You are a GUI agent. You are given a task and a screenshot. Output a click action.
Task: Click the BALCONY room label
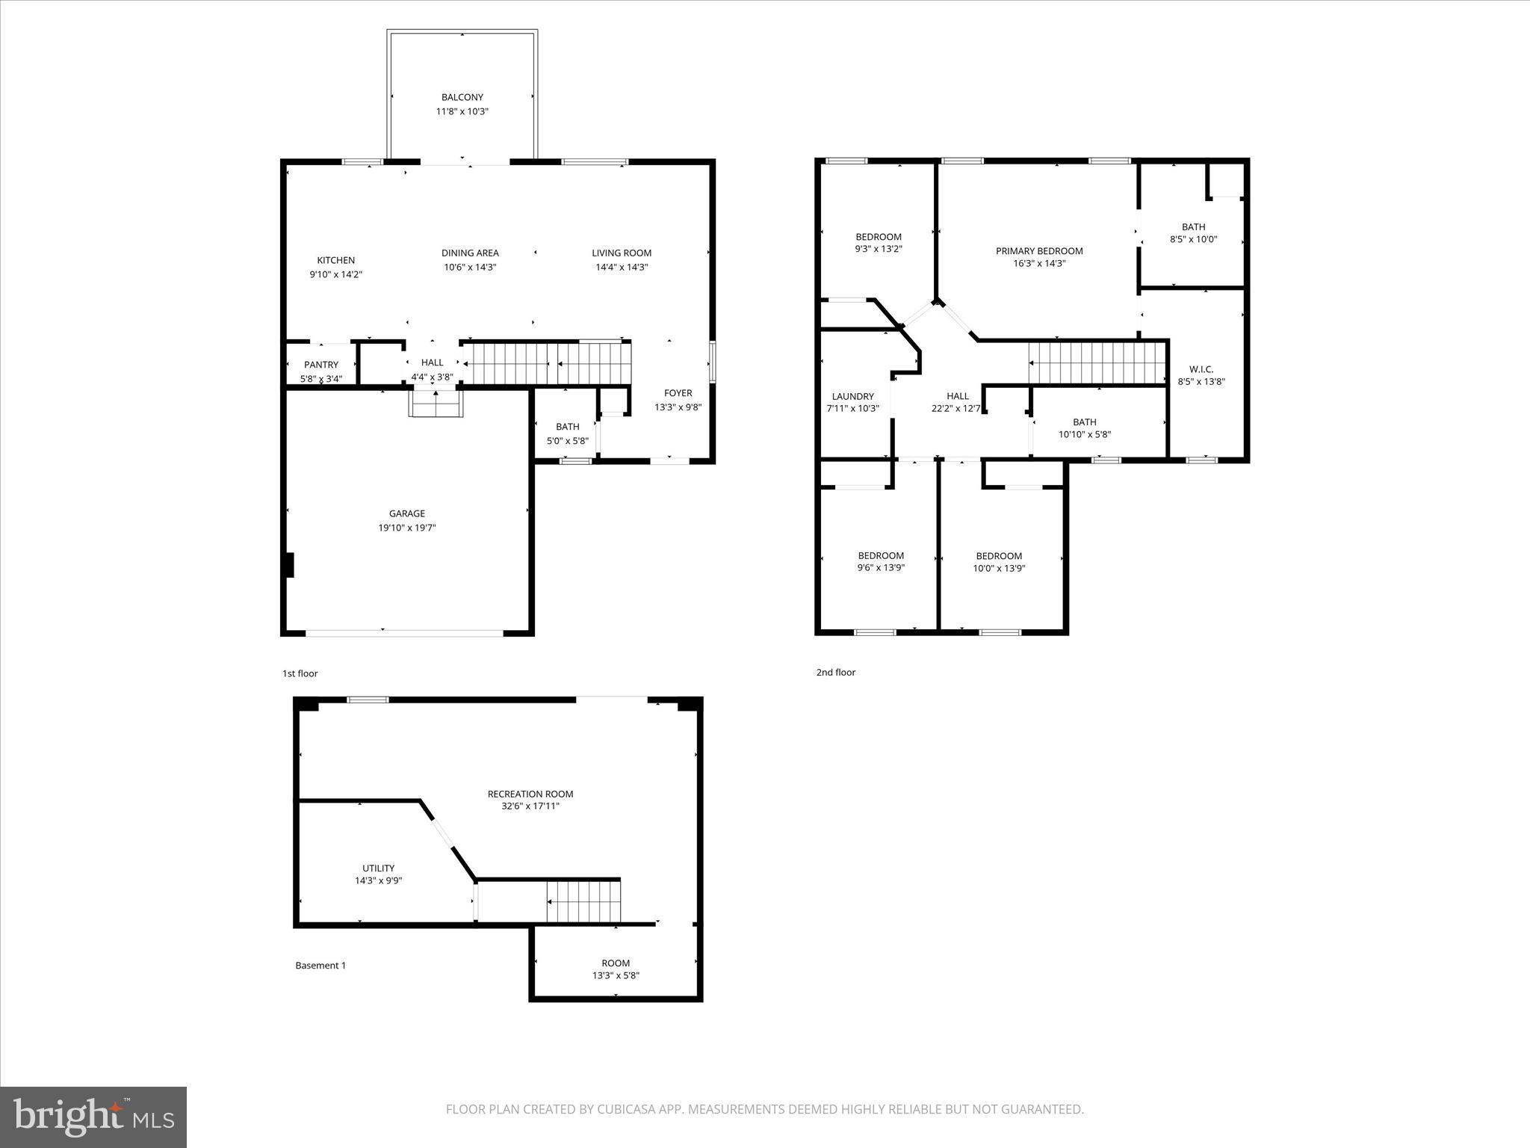click(x=462, y=97)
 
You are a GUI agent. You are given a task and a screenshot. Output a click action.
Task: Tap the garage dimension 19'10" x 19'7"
click(x=406, y=528)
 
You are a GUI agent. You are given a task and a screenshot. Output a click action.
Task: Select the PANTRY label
click(x=320, y=365)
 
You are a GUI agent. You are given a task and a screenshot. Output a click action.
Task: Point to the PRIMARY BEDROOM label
click(x=1038, y=251)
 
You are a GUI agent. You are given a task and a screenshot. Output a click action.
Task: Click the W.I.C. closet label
click(x=1201, y=369)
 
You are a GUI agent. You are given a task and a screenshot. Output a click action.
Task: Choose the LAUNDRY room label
click(x=852, y=397)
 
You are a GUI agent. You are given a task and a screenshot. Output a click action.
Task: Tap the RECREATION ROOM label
click(x=530, y=794)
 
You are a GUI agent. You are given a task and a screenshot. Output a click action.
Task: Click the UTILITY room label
click(x=378, y=868)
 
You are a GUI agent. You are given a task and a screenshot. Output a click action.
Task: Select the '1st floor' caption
click(x=300, y=673)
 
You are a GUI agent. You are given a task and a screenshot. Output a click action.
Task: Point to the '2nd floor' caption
click(x=835, y=672)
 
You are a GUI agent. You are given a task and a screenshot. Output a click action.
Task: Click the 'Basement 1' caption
click(x=320, y=965)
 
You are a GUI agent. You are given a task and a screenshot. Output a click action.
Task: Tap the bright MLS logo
click(x=93, y=1117)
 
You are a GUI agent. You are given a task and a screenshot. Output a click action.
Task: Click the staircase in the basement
click(x=583, y=901)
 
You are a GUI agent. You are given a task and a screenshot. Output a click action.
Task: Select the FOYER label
click(x=678, y=393)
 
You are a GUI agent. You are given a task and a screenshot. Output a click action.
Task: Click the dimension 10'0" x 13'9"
click(x=998, y=568)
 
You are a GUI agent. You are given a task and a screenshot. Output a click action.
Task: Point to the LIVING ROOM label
click(x=622, y=253)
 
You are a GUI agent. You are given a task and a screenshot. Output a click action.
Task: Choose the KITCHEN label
click(x=335, y=260)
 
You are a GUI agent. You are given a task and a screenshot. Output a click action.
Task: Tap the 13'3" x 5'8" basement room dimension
click(x=616, y=975)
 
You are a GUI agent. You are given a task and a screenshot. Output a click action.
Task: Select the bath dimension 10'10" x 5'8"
click(x=1084, y=434)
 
